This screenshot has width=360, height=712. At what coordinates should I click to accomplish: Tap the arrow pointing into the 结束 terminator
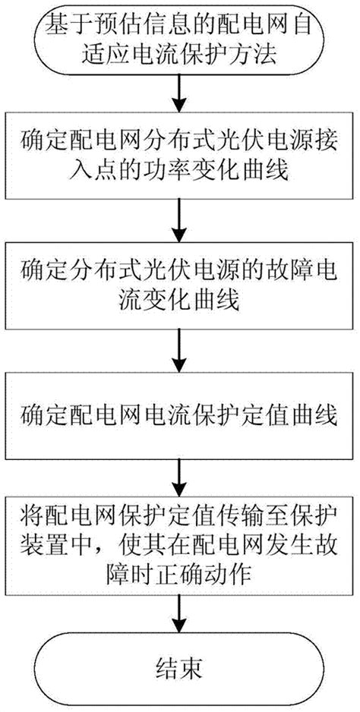(179, 610)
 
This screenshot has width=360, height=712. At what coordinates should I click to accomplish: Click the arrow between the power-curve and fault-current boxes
(179, 220)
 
